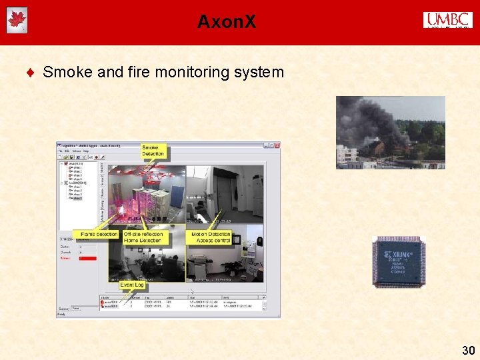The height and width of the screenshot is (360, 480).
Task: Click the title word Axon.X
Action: coord(226,22)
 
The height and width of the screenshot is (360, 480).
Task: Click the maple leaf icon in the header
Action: coord(17,21)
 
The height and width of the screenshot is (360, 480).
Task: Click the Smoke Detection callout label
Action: coord(153,151)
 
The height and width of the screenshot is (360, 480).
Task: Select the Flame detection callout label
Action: coord(99,234)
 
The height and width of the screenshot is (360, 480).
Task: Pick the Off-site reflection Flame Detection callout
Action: coord(143,237)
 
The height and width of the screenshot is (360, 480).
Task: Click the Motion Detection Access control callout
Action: coord(211,237)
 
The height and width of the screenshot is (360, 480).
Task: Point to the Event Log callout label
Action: coord(131,285)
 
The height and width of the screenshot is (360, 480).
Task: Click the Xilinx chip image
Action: coord(399,261)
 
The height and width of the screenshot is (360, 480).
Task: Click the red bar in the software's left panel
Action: coord(88,258)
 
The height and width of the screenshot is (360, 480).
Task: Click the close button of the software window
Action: coord(277,145)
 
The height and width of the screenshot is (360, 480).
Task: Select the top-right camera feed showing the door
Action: coord(225,193)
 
